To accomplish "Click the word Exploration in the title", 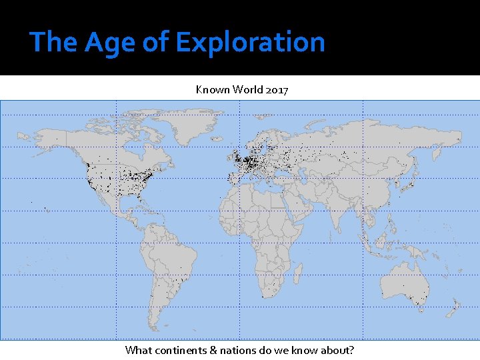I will click(250, 41).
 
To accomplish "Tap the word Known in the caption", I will click(211, 89).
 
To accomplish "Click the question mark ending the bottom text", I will click(351, 350).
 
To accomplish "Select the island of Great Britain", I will click(235, 158).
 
